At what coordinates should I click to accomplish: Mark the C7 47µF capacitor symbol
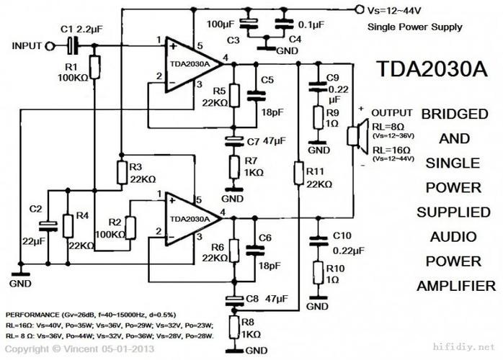point(232,138)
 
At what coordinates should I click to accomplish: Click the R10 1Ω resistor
point(316,273)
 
